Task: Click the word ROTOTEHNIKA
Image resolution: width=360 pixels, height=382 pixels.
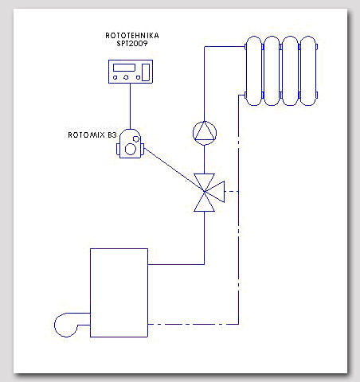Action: click(x=132, y=36)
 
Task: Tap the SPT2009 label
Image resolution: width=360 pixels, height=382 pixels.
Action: click(x=132, y=44)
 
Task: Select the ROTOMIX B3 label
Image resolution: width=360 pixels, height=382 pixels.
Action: click(x=92, y=135)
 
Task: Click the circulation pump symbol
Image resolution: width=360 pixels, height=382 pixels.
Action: click(x=205, y=133)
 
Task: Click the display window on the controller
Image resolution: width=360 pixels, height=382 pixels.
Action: click(x=124, y=68)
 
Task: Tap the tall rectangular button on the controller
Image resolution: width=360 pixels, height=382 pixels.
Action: click(x=146, y=72)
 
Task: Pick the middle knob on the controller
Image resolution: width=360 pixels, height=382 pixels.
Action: click(x=126, y=77)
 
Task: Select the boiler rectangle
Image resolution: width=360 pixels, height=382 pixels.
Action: click(x=119, y=293)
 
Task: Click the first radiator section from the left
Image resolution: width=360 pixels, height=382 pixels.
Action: click(x=254, y=71)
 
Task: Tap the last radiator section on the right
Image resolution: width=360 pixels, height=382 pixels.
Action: click(x=308, y=71)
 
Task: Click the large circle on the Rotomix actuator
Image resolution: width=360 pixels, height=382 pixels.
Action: click(x=131, y=149)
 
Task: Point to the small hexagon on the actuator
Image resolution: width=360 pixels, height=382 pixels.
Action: click(x=136, y=138)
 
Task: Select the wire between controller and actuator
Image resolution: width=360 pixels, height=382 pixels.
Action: click(x=130, y=106)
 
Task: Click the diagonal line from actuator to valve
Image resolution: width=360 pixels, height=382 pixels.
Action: click(x=174, y=170)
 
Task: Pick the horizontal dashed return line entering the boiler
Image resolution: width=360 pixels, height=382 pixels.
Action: click(x=194, y=324)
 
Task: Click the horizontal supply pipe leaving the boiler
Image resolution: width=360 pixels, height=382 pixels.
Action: click(x=176, y=264)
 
